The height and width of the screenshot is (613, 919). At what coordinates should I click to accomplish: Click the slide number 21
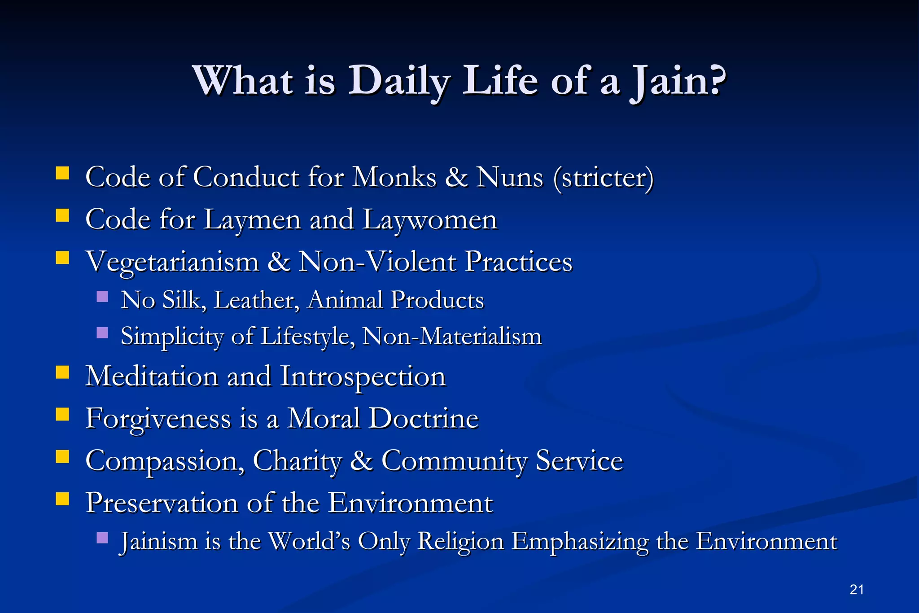tap(857, 589)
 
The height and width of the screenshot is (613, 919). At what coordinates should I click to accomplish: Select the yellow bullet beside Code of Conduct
tap(62, 173)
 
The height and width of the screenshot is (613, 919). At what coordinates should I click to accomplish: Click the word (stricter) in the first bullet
tap(603, 177)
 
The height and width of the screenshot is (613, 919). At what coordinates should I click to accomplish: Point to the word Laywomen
tap(429, 220)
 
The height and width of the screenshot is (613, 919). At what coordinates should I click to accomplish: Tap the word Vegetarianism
tap(172, 262)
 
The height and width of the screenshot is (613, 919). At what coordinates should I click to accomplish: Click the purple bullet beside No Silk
tap(102, 297)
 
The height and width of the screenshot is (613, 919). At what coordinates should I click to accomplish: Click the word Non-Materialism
tap(451, 336)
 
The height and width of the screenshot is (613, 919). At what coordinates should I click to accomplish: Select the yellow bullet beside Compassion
tap(62, 456)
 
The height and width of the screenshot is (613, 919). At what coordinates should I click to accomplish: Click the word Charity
tap(297, 461)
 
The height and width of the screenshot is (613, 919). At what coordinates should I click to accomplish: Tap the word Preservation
tap(162, 503)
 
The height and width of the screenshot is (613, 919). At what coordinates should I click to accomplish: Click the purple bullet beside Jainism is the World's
tap(102, 538)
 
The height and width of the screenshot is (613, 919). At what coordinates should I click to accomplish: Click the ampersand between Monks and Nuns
tap(456, 177)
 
